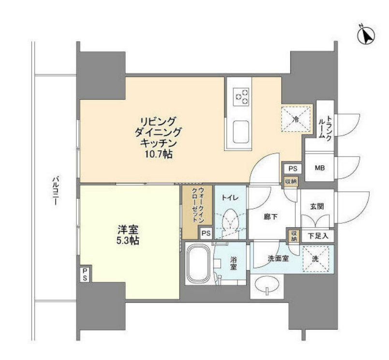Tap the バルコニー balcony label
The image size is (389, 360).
[x=56, y=190]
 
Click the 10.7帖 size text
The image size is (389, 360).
[x=158, y=154]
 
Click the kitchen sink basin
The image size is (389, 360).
[x=240, y=131]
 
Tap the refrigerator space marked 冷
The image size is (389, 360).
[x=296, y=119]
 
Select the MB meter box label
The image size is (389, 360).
[x=320, y=168]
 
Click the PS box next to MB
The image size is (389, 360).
[x=293, y=169]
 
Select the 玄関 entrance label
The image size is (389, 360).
[x=317, y=206]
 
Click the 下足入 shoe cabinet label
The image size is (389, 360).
[x=318, y=235]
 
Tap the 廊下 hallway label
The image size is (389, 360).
[x=270, y=217]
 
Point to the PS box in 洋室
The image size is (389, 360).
[x=85, y=274]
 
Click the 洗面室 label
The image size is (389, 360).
[x=278, y=259]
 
